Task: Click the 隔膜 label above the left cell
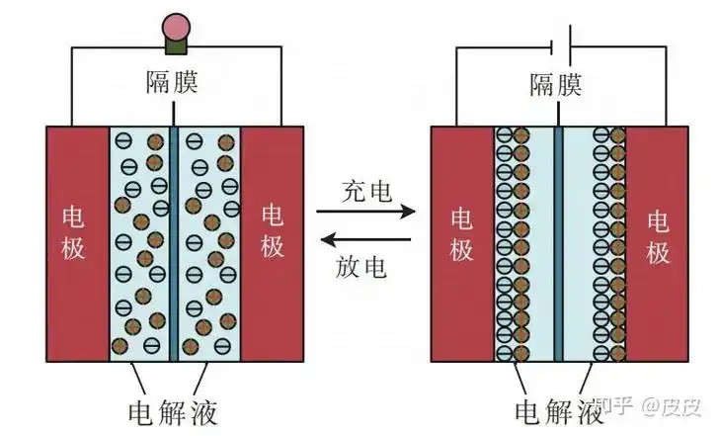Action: [x=172, y=82]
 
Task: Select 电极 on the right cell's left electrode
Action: [x=461, y=233]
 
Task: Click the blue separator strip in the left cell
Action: [x=174, y=242]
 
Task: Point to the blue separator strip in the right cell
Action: [x=559, y=242]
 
